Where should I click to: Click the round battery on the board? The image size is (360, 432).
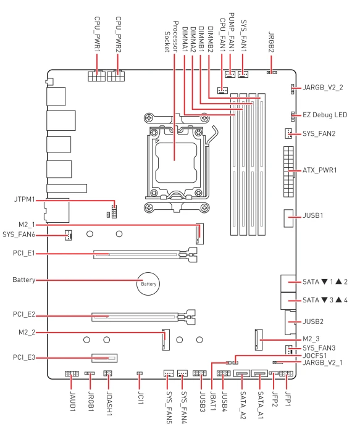(148, 284)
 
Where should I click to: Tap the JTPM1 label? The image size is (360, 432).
(25, 199)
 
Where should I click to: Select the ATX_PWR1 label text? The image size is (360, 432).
(320, 170)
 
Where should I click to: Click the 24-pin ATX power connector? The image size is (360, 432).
(288, 172)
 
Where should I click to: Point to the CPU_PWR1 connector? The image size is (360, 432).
(96, 76)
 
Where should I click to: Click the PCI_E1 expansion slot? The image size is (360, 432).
(145, 254)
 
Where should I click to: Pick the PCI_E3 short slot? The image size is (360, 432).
(104, 358)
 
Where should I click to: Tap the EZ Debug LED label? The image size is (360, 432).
(325, 115)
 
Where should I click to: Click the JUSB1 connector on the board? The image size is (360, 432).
(288, 218)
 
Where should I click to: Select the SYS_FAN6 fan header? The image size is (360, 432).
(69, 235)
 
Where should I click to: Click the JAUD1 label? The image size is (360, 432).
(73, 401)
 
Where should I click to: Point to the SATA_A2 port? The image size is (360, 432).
(241, 373)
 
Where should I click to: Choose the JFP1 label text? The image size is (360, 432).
(288, 399)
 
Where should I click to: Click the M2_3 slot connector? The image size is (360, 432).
(259, 339)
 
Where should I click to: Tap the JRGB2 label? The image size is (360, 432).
(271, 42)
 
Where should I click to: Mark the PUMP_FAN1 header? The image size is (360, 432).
(230, 75)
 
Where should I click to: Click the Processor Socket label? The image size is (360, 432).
(171, 36)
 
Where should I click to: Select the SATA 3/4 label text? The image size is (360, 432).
(325, 300)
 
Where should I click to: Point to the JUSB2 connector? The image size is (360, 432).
(290, 322)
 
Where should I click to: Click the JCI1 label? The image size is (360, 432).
(140, 398)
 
